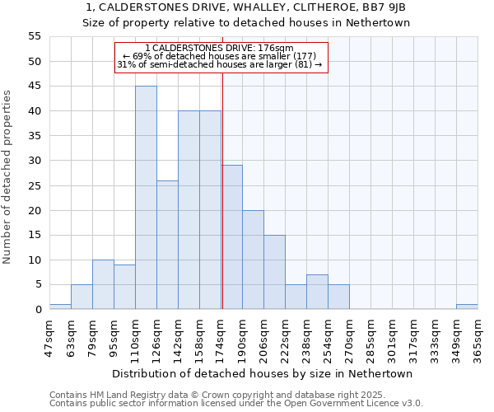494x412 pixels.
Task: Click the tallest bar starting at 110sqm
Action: tap(146, 198)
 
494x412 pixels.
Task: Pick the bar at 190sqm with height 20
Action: tap(253, 260)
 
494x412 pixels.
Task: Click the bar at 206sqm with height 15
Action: tap(274, 272)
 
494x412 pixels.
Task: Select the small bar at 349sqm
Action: tap(467, 307)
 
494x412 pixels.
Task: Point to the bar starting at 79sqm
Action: tap(103, 284)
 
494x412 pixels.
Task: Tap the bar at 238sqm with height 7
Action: tap(317, 292)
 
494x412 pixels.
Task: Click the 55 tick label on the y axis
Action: tap(34, 36)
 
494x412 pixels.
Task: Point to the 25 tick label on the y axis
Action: tap(34, 185)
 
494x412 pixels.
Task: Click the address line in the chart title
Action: tap(245, 7)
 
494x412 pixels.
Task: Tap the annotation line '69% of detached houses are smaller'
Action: tap(219, 56)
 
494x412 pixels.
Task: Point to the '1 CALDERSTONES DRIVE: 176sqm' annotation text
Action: tap(219, 48)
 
